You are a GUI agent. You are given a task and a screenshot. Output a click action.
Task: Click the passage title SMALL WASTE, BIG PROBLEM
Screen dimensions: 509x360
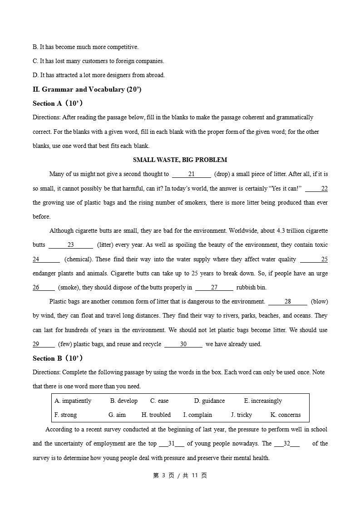tap(180, 160)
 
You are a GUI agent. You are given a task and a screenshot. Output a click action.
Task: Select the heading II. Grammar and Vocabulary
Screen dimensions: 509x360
tap(87, 89)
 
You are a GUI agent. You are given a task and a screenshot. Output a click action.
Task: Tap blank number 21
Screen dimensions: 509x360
tap(192, 174)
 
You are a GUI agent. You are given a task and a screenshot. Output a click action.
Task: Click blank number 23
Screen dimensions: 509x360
tap(71, 245)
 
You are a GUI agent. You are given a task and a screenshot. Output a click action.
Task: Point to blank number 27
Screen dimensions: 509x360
tap(214, 288)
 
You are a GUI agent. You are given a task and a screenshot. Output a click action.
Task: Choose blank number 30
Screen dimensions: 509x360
tap(183, 344)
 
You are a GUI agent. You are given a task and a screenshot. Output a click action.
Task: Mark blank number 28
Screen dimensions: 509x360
tap(288, 302)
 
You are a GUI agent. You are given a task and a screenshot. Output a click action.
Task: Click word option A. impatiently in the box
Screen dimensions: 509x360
tap(73, 401)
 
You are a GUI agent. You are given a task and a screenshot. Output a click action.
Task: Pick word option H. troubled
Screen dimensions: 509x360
tap(156, 415)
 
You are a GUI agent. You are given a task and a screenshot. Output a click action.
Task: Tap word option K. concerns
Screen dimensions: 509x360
tap(286, 415)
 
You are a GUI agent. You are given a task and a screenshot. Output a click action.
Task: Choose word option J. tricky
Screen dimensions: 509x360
tap(242, 415)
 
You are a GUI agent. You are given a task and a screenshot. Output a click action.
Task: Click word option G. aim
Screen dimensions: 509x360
tap(117, 415)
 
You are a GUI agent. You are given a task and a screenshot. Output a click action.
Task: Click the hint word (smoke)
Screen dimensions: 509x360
tap(68, 288)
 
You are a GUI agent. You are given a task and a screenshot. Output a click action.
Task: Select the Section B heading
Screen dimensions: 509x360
tap(57, 358)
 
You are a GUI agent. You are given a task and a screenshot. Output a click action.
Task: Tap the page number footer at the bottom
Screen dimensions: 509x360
tap(180, 475)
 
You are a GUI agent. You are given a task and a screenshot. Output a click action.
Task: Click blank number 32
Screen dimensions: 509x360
tap(287, 444)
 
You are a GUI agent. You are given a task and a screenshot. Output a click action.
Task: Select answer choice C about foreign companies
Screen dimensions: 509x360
tap(98, 61)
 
